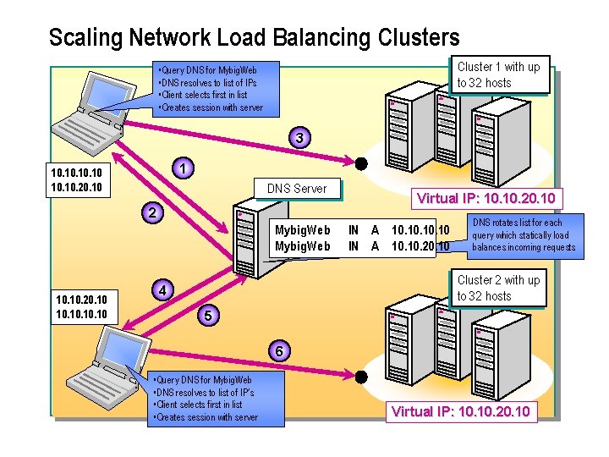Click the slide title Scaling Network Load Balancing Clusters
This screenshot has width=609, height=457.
[x=254, y=38]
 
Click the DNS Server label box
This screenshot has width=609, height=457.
[x=296, y=189]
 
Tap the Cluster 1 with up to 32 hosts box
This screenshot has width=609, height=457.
[x=498, y=74]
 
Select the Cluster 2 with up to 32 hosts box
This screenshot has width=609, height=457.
[x=498, y=288]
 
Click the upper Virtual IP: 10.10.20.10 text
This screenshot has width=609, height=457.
[x=486, y=199]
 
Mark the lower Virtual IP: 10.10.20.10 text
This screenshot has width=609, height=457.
[x=460, y=412]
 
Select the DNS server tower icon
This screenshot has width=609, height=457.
[x=254, y=237]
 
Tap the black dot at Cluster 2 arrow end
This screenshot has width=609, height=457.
[x=361, y=377]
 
